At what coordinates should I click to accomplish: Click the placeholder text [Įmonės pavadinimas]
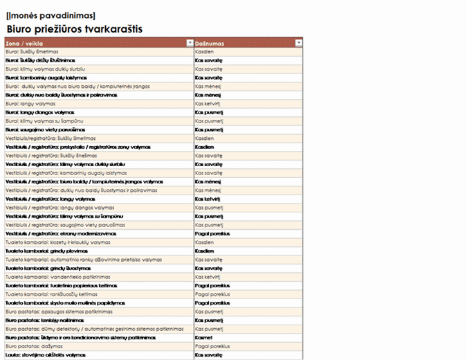[x=51, y=15]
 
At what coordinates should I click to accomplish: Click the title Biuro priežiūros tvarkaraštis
[x=74, y=29]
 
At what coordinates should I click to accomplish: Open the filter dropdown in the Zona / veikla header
[x=190, y=43]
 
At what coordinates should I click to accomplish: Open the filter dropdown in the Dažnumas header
[x=299, y=43]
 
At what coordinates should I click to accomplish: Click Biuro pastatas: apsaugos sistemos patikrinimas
[x=53, y=312]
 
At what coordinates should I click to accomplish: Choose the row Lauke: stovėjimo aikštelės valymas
[x=45, y=354]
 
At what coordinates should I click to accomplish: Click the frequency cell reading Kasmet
[x=205, y=337]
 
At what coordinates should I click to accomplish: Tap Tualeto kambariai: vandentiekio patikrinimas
[x=52, y=276]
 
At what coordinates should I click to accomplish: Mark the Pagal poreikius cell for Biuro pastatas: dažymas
[x=212, y=345]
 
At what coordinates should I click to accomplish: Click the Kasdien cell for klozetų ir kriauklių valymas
[x=205, y=242]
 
